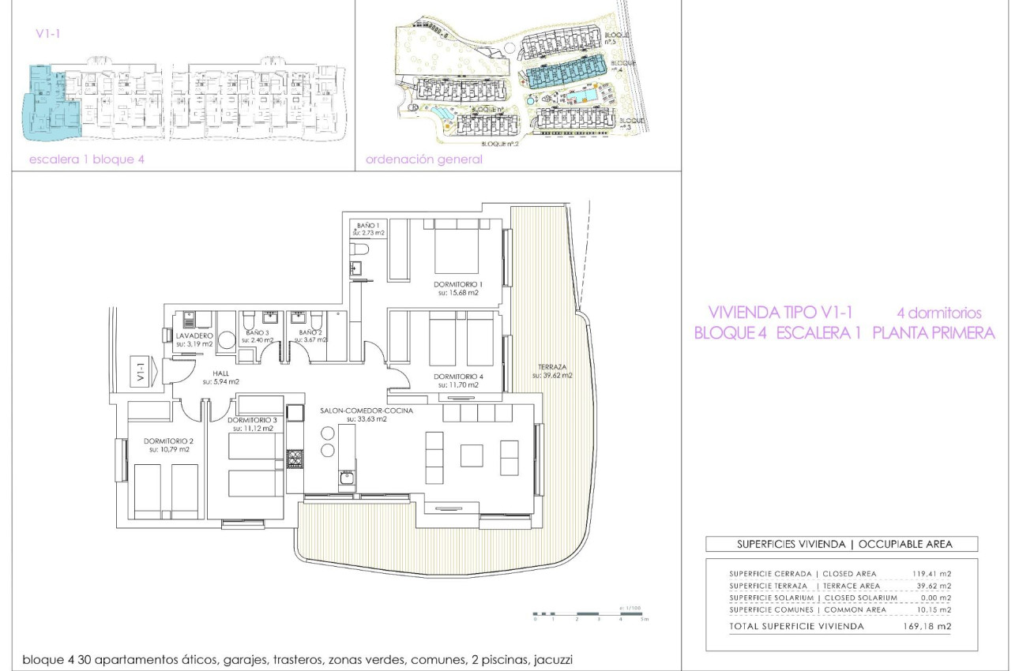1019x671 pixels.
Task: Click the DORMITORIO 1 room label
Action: [458, 283]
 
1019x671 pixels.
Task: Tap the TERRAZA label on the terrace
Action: [551, 366]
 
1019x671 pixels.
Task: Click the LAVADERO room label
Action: [194, 335]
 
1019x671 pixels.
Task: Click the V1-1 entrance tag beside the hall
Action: [141, 372]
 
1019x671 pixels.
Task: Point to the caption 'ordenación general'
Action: [424, 159]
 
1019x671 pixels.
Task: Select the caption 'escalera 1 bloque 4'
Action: [87, 159]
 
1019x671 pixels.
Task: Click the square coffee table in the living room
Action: [472, 455]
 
